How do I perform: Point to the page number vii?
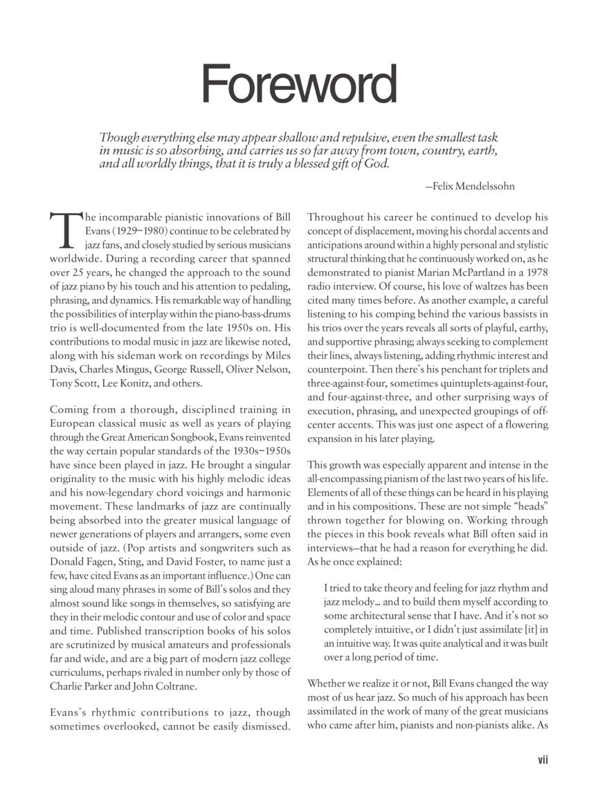(543, 760)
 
